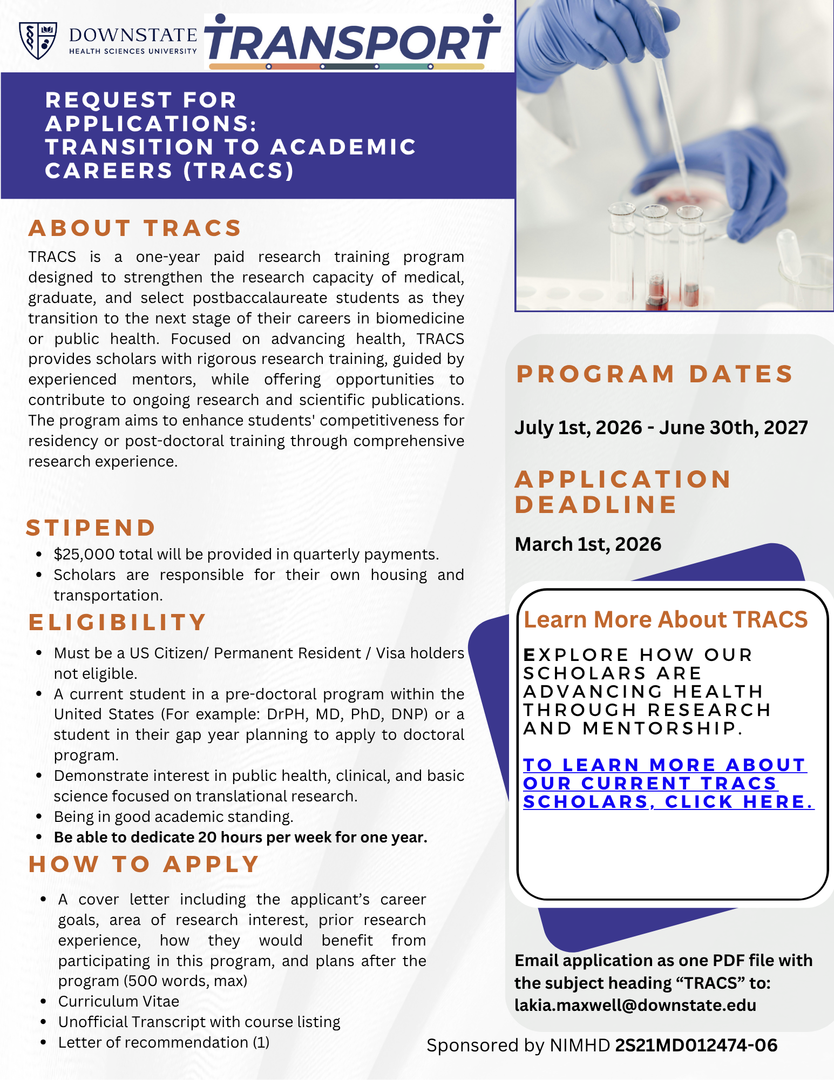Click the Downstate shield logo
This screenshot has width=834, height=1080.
tap(38, 40)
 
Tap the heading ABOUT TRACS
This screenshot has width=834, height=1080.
tap(135, 228)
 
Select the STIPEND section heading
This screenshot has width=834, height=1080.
tap(91, 528)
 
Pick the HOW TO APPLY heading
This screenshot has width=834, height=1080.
tap(144, 864)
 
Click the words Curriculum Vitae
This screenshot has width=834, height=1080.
tap(119, 1001)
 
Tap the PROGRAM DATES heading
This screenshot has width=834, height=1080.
tap(654, 374)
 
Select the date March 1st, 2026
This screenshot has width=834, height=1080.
tap(588, 544)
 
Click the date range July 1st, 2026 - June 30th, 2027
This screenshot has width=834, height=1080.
tap(661, 428)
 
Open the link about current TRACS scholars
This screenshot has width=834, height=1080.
tap(668, 784)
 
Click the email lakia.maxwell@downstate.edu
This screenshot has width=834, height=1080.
tap(635, 1005)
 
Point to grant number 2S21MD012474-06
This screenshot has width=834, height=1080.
tap(696, 1045)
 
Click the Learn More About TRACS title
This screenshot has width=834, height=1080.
tap(666, 620)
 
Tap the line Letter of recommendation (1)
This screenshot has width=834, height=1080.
tap(164, 1042)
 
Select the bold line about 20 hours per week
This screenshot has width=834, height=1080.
tap(241, 837)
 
